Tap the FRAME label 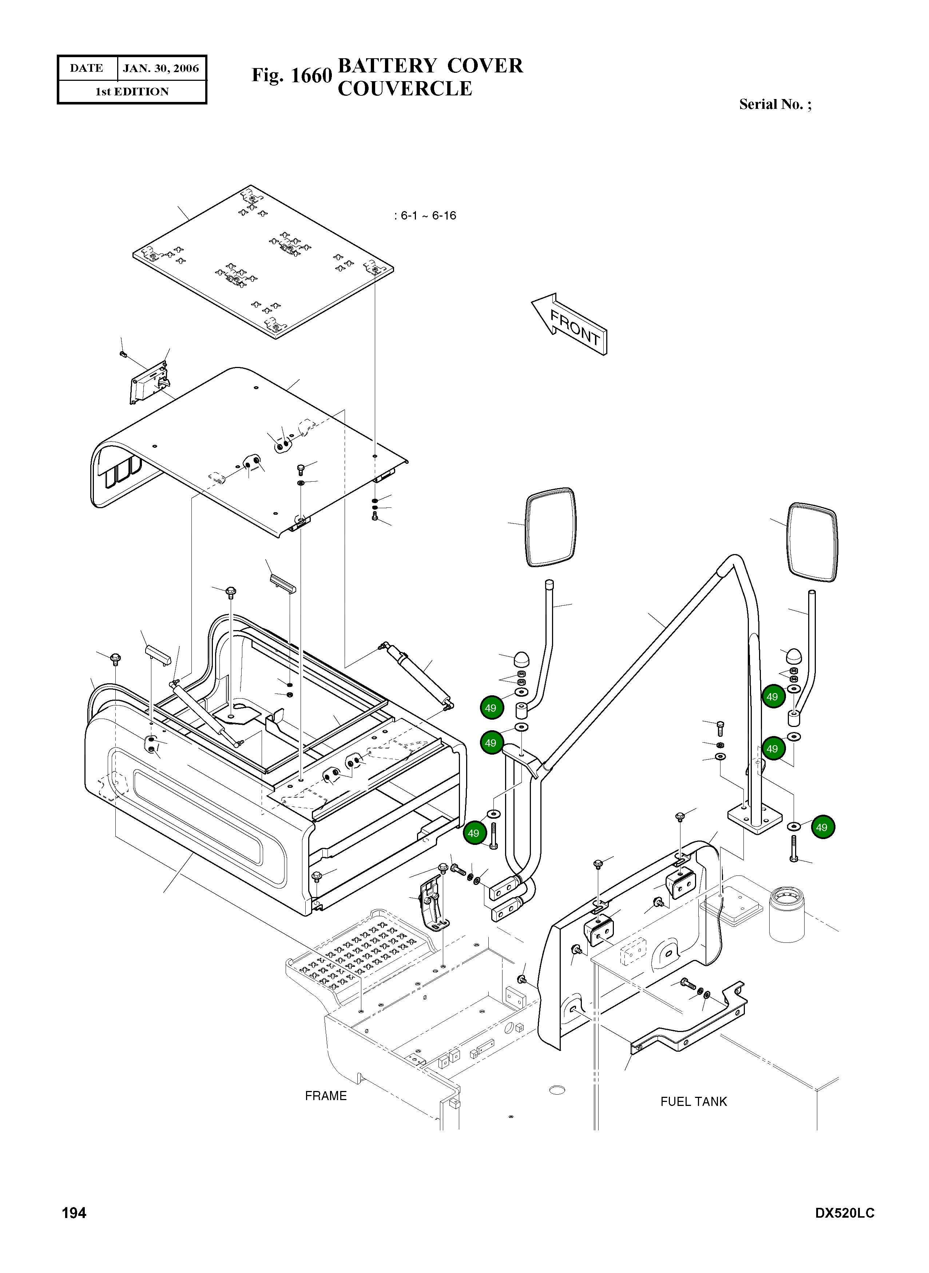coord(326,1096)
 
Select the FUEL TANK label coord(693,1102)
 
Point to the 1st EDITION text coord(132,92)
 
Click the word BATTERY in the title coord(388,66)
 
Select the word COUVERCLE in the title coord(405,89)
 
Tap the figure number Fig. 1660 coord(292,75)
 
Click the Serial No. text coord(775,104)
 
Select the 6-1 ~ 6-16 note coord(425,216)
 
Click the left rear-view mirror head coord(551,527)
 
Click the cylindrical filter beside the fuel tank coord(787,914)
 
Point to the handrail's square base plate coord(755,818)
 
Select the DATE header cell coord(87,68)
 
